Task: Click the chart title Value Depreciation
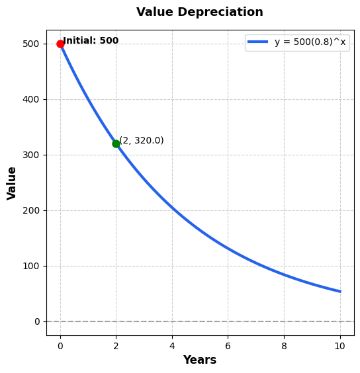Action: click(199, 13)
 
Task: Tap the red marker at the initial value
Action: click(60, 44)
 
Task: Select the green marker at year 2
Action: click(116, 144)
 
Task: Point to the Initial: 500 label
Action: click(91, 41)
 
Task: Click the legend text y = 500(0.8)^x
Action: click(310, 42)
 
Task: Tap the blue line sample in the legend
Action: click(257, 42)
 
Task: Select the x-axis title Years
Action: click(199, 360)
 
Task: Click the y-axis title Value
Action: click(12, 183)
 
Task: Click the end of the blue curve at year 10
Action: click(340, 292)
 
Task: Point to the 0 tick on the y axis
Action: click(38, 321)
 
